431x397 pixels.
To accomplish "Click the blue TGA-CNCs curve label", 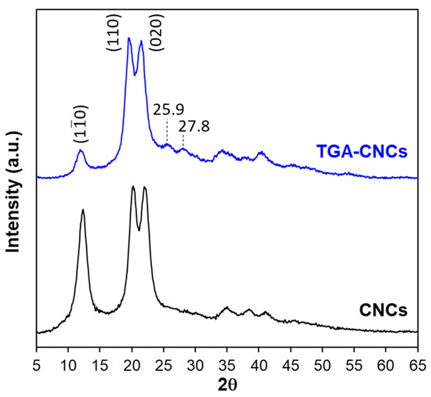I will [x=360, y=151].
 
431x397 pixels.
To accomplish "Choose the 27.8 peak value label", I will [x=193, y=125].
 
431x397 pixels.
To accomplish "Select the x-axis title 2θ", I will [x=227, y=385].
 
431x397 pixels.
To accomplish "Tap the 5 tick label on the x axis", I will [x=37, y=364].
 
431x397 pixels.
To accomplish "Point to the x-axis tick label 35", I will [x=227, y=364].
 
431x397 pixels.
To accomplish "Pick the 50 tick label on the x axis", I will [x=322, y=364].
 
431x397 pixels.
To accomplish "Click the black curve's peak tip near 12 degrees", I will [x=82, y=210].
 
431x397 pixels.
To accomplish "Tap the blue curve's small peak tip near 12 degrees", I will [x=81, y=151].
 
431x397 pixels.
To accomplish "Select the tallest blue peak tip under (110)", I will [x=129, y=37].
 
